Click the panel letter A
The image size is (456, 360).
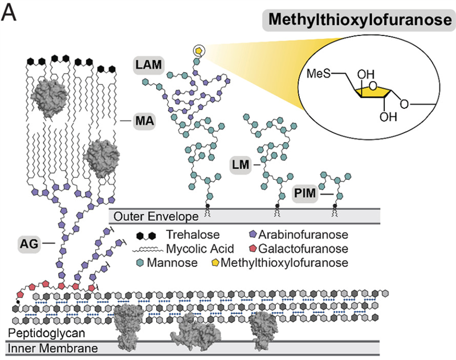click(10, 12)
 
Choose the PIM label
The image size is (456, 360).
click(304, 194)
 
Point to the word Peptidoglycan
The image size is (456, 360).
click(38, 333)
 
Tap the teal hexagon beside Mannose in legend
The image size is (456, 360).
click(140, 263)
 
